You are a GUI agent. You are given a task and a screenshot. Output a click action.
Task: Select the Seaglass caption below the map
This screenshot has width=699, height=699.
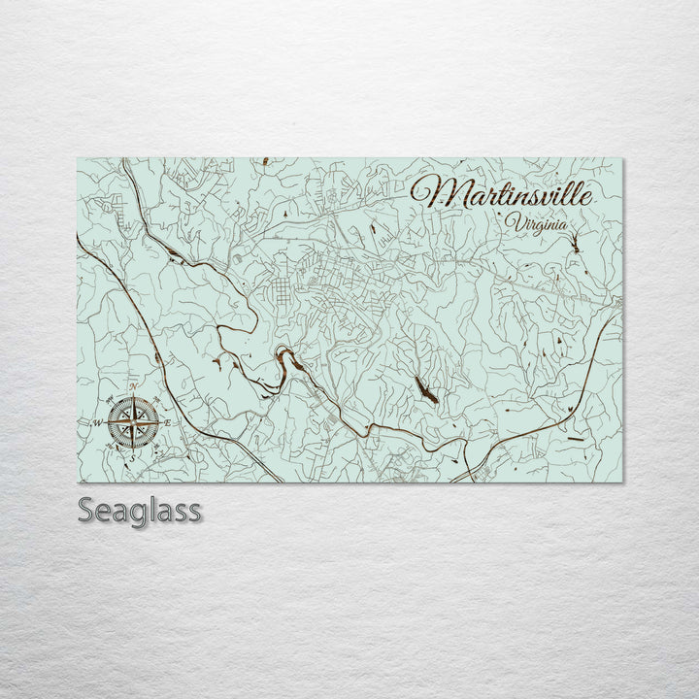click(x=140, y=511)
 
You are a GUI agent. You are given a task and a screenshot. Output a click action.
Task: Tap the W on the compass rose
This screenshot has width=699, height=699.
click(x=97, y=423)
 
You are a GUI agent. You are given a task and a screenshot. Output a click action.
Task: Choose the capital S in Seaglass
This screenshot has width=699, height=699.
click(x=86, y=511)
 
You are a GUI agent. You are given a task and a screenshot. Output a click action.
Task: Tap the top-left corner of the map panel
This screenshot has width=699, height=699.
click(x=77, y=158)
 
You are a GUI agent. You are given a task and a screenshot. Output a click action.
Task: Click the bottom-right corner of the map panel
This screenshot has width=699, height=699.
click(x=622, y=482)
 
